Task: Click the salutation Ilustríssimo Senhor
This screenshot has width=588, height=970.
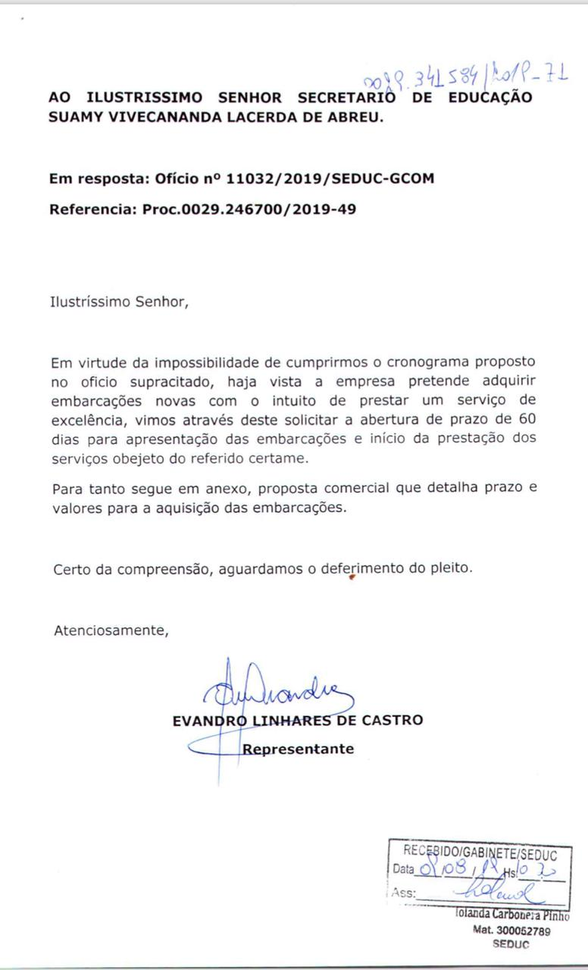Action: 117,302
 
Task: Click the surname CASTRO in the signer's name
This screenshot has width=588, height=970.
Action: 392,720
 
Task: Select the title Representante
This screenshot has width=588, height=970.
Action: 298,749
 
